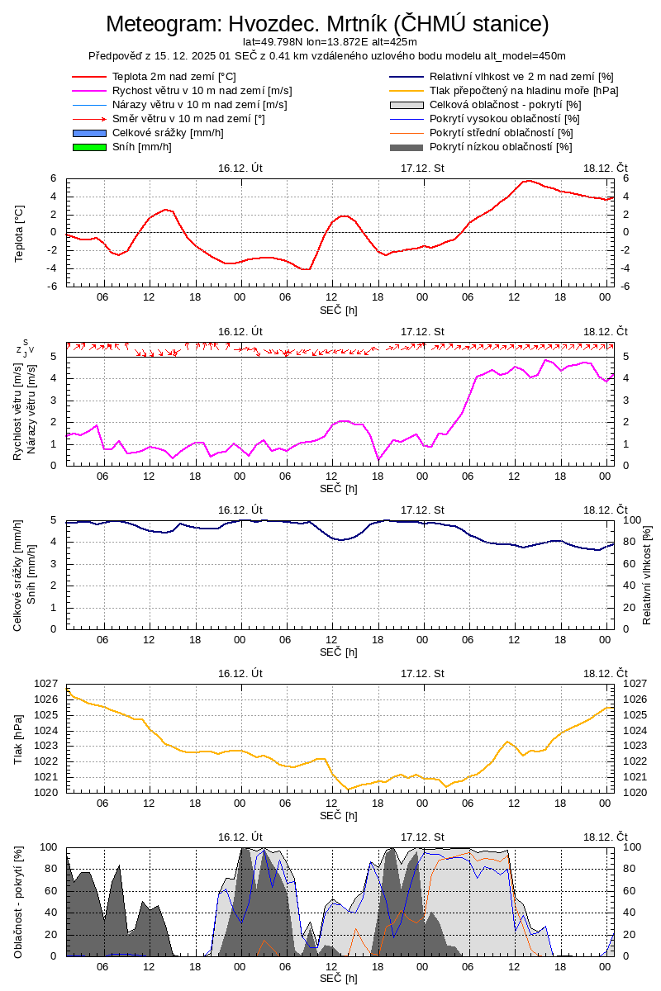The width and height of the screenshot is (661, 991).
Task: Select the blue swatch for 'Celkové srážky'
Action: click(90, 133)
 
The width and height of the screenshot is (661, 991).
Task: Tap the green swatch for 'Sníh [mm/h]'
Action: click(90, 147)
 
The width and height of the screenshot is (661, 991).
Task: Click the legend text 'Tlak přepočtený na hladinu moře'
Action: click(524, 91)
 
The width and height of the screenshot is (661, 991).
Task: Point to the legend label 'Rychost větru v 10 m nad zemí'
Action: click(202, 91)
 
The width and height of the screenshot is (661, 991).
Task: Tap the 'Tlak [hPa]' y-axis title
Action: click(19, 738)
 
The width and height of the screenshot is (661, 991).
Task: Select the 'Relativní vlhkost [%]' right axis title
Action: click(647, 574)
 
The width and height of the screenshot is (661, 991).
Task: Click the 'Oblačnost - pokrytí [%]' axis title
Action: click(19, 902)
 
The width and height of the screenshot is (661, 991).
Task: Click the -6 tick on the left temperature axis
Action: click(51, 287)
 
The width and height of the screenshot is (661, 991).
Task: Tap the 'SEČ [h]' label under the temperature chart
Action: click(339, 310)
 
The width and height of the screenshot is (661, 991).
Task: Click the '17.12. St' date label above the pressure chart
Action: click(422, 673)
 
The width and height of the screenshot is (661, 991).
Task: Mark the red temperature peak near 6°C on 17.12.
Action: click(527, 180)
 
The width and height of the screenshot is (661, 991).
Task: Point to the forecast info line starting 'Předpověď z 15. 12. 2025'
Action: click(327, 55)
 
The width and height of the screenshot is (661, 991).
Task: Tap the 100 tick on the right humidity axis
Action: click(631, 520)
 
